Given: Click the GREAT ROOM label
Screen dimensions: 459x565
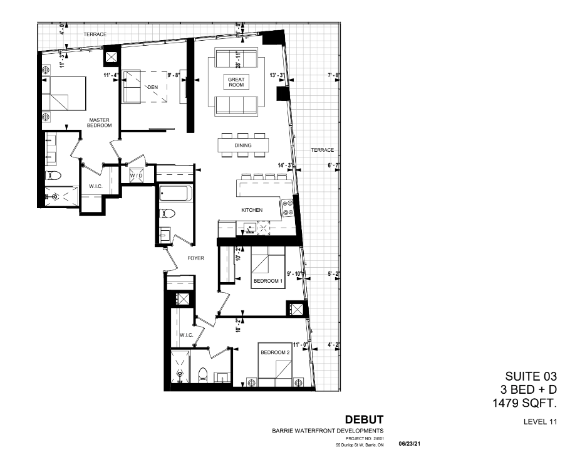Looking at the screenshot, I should click(236, 82).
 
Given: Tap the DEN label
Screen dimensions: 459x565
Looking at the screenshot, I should click(152, 88).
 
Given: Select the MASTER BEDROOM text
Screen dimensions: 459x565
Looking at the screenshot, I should click(100, 122).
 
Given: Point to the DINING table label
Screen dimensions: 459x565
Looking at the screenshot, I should click(243, 145).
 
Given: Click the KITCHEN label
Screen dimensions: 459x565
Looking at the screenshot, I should click(252, 210).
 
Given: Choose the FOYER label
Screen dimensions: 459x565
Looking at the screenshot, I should click(195, 257).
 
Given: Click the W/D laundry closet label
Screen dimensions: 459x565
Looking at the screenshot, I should click(136, 176).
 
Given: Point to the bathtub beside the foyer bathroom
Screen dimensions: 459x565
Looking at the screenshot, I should click(175, 194).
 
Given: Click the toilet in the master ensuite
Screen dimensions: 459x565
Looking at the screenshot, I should click(53, 175).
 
